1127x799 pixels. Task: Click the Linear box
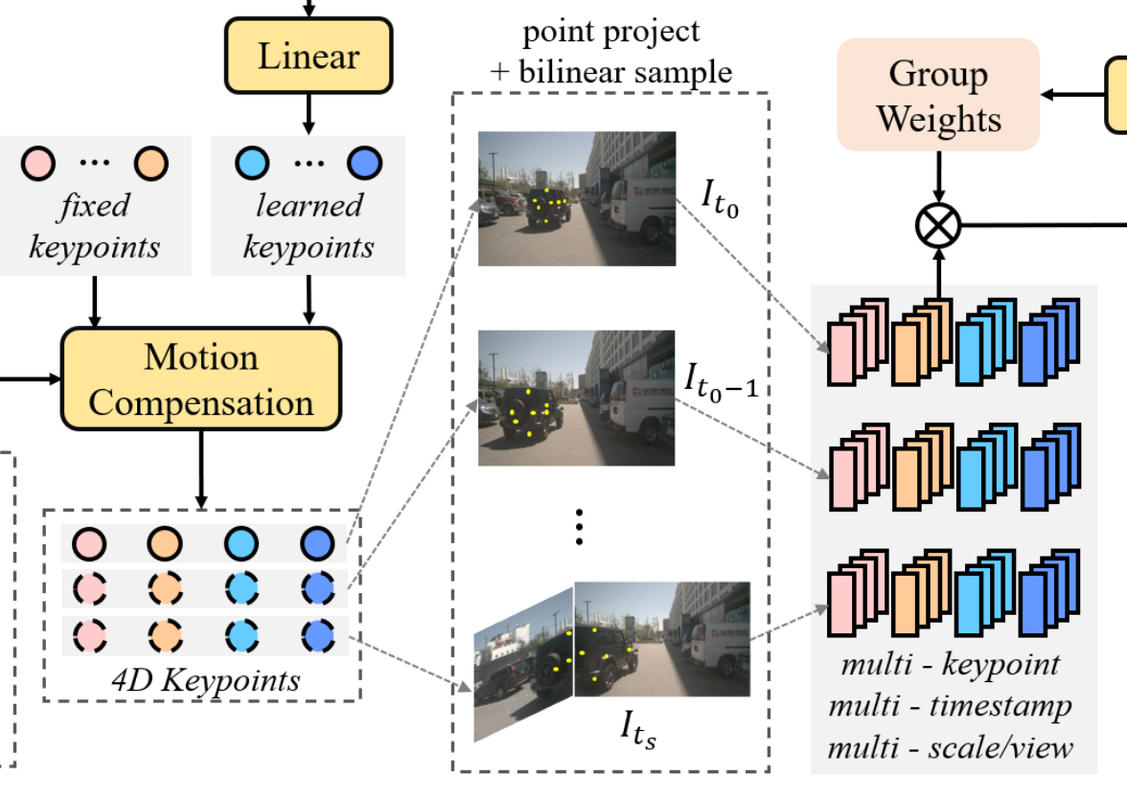click(x=309, y=56)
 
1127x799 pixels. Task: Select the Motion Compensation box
click(x=201, y=379)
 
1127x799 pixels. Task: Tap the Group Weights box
click(x=938, y=95)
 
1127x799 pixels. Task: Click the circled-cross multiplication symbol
click(x=938, y=226)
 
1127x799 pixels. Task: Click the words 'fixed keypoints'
click(x=94, y=226)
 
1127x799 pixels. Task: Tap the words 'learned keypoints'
click(x=309, y=226)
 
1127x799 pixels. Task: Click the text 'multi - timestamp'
click(x=950, y=706)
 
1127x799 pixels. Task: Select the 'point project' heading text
click(x=611, y=31)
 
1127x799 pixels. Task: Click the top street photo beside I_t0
click(x=577, y=198)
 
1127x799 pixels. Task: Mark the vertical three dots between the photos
click(x=579, y=526)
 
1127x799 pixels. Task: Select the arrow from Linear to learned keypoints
click(x=309, y=112)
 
